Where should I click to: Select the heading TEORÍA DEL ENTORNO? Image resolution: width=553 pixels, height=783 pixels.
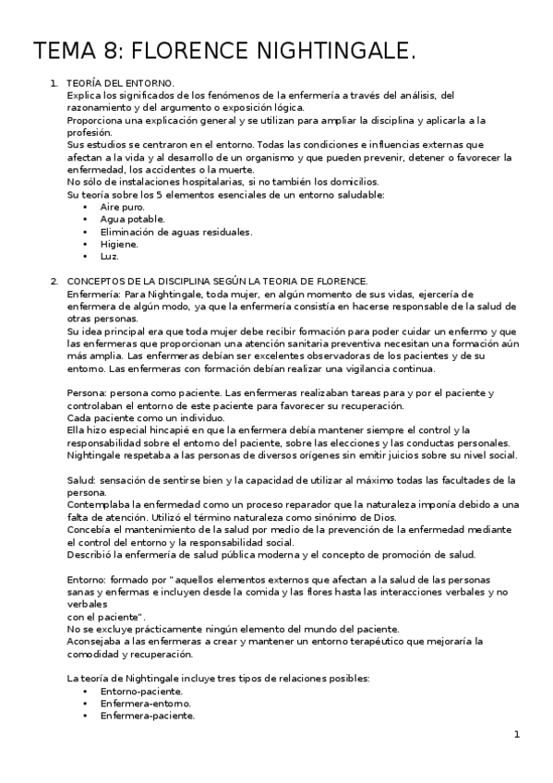[x=121, y=83]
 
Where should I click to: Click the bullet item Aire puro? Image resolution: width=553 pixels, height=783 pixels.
[x=122, y=207]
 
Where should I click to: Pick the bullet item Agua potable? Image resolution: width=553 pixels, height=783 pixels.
[x=132, y=219]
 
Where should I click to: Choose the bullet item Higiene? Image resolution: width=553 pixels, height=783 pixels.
[x=119, y=244]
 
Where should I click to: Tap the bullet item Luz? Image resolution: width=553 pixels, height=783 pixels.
[x=110, y=256]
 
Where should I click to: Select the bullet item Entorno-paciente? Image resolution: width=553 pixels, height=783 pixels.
[x=141, y=691]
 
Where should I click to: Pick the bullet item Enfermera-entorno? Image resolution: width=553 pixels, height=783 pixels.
[x=141, y=703]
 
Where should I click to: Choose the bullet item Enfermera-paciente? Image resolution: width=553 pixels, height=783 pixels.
[x=147, y=715]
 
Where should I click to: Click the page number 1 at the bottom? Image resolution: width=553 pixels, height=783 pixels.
[x=517, y=735]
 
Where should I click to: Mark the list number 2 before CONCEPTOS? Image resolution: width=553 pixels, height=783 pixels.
[x=54, y=281]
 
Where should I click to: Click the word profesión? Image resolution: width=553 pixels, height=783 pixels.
[x=90, y=132]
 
